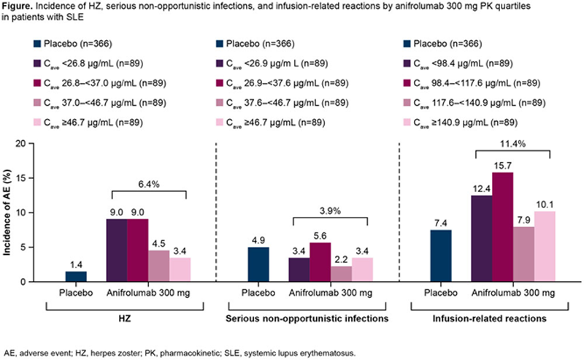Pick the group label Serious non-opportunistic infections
(x=310, y=320)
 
